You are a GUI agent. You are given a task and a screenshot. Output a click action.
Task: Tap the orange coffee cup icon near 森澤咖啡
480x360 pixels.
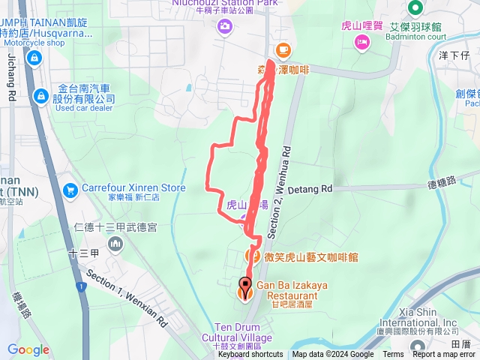283,50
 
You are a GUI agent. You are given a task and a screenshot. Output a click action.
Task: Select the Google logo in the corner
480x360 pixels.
28,349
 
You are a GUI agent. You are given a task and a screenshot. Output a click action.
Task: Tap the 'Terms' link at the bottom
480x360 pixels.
393,355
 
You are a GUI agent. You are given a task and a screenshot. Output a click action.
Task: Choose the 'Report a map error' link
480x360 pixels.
444,355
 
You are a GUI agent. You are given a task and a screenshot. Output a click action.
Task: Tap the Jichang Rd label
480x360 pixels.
11,76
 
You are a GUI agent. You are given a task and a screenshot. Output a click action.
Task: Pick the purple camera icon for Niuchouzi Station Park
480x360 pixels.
224,28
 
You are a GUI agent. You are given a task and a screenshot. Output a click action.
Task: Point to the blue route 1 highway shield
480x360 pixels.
82,286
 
